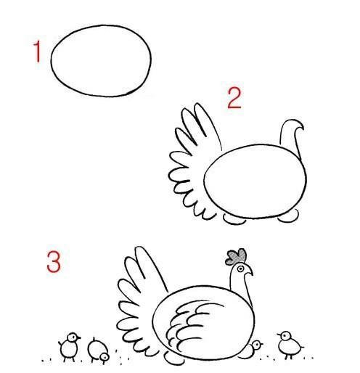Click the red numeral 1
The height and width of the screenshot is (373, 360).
(37, 52)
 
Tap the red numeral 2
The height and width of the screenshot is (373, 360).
(234, 98)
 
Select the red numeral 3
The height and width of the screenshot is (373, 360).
(54, 262)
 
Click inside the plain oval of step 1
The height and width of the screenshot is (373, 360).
(101, 60)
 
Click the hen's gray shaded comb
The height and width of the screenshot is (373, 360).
(236, 257)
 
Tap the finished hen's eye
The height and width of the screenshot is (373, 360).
(240, 269)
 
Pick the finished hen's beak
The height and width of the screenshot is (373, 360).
(249, 272)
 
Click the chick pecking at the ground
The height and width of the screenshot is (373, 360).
(98, 351)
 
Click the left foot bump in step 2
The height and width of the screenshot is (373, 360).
(234, 219)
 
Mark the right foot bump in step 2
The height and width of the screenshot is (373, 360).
(288, 216)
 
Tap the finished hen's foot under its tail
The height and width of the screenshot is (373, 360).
(173, 358)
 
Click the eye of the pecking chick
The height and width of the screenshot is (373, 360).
(105, 356)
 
